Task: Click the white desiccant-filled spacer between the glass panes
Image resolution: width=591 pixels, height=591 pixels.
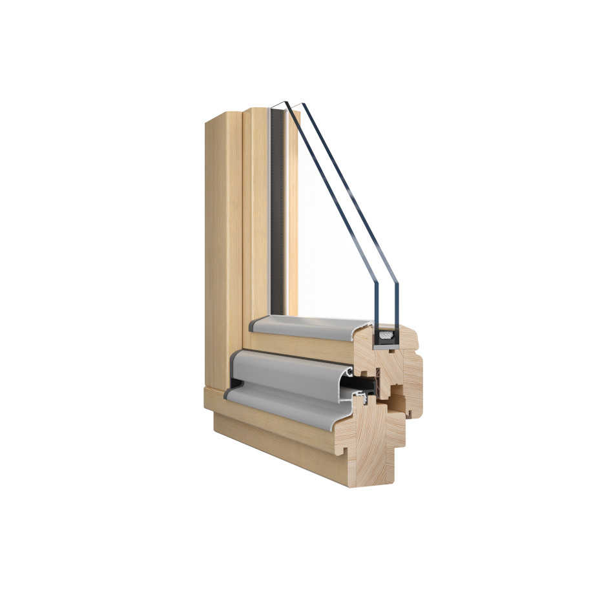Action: click(x=386, y=335)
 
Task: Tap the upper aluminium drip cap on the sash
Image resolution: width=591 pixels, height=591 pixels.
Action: click(x=304, y=326)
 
